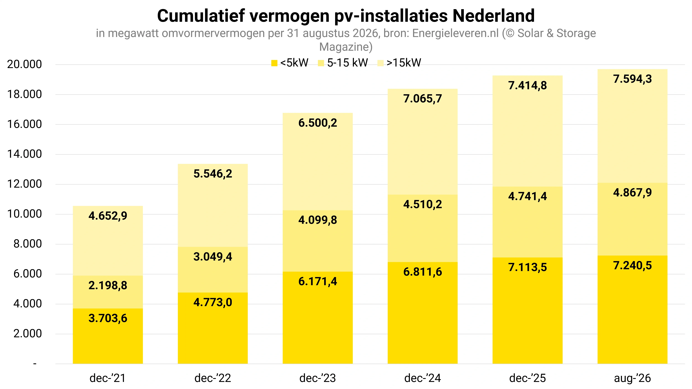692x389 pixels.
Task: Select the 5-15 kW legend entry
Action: [x=343, y=63]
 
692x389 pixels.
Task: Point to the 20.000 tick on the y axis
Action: [x=24, y=64]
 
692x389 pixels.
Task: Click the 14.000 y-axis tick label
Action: [x=24, y=154]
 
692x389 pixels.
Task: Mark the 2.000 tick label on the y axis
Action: [x=28, y=334]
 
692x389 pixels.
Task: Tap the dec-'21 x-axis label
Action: [x=108, y=378]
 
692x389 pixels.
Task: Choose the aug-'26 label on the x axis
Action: [x=632, y=378]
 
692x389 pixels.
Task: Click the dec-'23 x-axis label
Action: [x=317, y=378]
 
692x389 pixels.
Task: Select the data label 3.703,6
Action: [x=108, y=318]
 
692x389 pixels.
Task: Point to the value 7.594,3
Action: [x=632, y=79]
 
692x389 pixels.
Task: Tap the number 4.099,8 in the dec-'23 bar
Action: [x=317, y=220]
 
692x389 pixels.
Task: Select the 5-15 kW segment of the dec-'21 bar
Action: [x=108, y=292]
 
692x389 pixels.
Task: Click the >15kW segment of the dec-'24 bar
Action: [x=422, y=142]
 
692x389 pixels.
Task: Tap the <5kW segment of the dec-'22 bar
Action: [x=213, y=328]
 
